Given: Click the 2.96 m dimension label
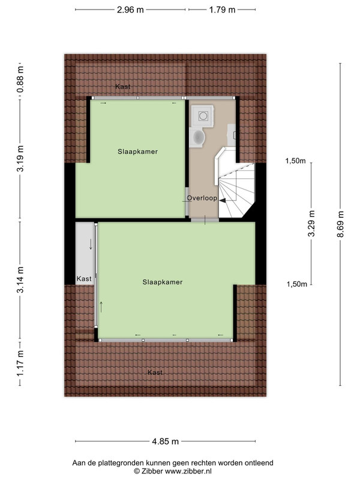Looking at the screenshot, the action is (130, 10).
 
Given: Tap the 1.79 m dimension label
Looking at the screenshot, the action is (222, 10).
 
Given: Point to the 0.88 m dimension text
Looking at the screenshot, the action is (20, 80).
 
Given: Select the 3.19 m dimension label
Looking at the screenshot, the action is (20, 158).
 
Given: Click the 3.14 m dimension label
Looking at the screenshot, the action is (20, 280).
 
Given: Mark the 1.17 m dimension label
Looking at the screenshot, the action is (20, 364).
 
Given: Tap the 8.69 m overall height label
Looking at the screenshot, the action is (340, 224).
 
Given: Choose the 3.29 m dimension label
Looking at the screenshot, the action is (311, 223).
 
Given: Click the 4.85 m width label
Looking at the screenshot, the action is (166, 442).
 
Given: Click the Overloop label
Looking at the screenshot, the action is (202, 198).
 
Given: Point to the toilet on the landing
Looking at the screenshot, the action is (197, 137).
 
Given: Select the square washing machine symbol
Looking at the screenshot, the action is (202, 115).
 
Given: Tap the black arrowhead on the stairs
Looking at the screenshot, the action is (223, 200).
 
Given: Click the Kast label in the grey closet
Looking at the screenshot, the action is (84, 279).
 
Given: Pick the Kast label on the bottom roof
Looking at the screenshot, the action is (155, 372).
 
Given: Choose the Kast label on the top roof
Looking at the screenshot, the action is (123, 86).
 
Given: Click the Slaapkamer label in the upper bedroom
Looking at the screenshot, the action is (138, 152).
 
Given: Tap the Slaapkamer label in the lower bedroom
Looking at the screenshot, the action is (163, 282).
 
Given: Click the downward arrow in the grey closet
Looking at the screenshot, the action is (91, 244).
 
